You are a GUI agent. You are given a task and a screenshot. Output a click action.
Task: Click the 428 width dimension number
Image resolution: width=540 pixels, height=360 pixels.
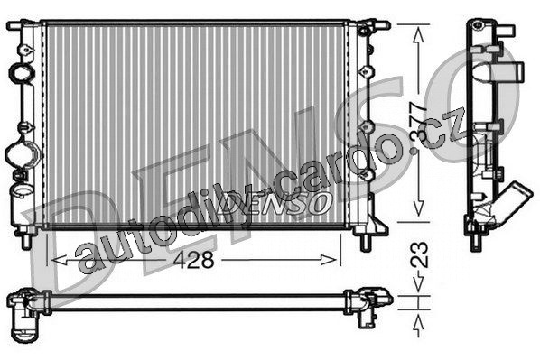coord(193,260)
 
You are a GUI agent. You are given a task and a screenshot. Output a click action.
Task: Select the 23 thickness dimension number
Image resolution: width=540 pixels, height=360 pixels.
coord(419,255)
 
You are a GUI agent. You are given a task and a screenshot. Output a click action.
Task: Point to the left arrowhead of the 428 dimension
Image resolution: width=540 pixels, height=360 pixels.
coord(59,260)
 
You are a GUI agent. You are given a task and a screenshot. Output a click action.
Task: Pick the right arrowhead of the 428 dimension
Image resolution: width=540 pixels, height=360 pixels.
coord(329,260)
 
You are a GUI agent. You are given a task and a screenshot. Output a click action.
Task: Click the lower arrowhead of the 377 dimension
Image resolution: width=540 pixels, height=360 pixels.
coord(418,208)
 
